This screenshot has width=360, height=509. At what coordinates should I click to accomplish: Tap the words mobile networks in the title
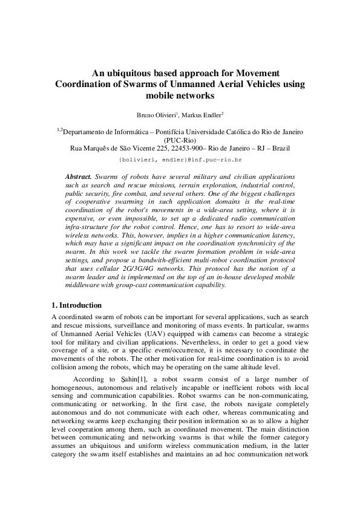[180, 96]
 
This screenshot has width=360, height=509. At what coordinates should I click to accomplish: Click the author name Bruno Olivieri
[157, 115]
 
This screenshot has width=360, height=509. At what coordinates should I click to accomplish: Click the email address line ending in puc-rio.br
[180, 160]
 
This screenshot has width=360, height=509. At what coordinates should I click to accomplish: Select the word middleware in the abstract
[85, 285]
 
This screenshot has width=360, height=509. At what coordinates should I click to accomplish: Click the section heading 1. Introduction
[77, 305]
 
